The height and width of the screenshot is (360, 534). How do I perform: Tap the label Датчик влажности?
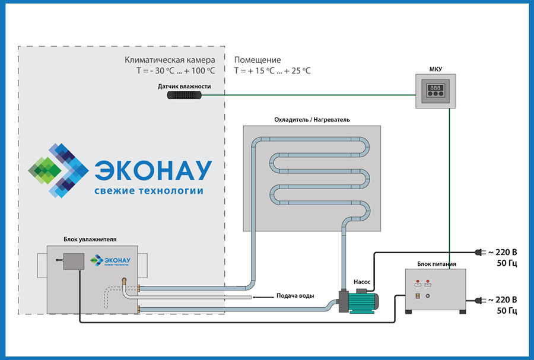pyautogui.click(x=184, y=86)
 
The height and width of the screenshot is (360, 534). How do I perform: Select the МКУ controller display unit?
pyautogui.click(x=436, y=91)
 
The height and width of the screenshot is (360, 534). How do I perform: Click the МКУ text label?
pyautogui.click(x=436, y=69)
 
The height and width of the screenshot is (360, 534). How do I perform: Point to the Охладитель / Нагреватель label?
pyautogui.click(x=311, y=119)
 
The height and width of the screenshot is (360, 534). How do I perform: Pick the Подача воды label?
pyautogui.click(x=295, y=295)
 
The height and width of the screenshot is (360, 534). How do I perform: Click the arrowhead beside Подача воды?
pyautogui.click(x=253, y=295)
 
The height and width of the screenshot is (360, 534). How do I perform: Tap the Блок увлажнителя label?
pyautogui.click(x=90, y=239)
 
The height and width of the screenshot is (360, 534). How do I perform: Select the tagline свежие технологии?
pyautogui.click(x=148, y=191)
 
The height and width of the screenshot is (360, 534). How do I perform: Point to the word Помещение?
pyautogui.click(x=258, y=60)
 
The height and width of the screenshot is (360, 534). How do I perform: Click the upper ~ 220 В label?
pyautogui.click(x=502, y=251)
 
